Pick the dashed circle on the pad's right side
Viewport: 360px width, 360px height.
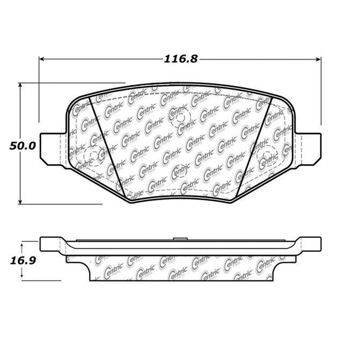pyautogui.click(x=267, y=157)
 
